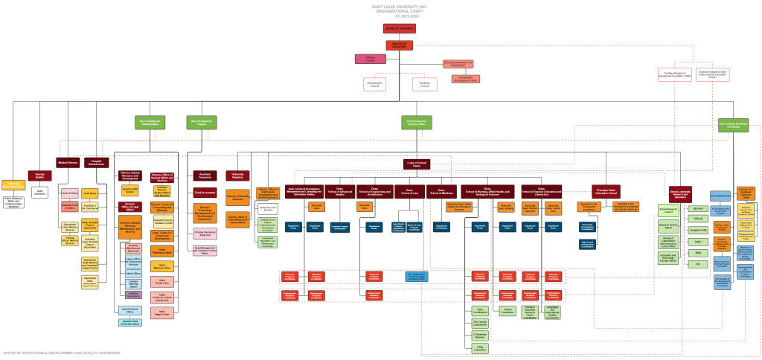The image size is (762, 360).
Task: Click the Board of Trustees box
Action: pos(400,28)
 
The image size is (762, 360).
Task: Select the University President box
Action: pos(400,45)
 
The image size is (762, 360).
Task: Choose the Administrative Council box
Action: pos(374,84)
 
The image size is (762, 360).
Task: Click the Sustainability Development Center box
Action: pos(465,78)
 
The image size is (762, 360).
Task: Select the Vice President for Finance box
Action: pos(202,122)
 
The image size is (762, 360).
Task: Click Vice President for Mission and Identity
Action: pos(733,126)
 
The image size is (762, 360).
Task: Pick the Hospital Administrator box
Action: pos(96,162)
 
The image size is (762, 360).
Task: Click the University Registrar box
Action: pos(237,176)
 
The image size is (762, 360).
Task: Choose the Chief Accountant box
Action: pos(205,192)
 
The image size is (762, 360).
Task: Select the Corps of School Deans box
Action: pos(417,162)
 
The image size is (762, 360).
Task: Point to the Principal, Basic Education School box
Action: pos(606,191)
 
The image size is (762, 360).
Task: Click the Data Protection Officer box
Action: pos(129,309)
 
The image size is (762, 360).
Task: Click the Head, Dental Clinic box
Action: pos(161,282)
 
